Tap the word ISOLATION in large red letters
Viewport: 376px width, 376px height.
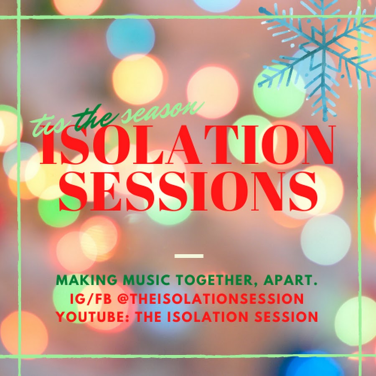tap(187, 145)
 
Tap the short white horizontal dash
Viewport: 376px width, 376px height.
tap(189, 256)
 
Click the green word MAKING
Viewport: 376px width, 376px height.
tap(86, 280)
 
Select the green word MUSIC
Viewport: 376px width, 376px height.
tap(147, 280)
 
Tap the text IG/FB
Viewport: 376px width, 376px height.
tap(91, 299)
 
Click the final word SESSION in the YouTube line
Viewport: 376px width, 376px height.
tap(286, 317)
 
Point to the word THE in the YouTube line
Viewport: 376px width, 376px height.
tap(148, 317)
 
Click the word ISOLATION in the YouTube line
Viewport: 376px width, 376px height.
tap(207, 317)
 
